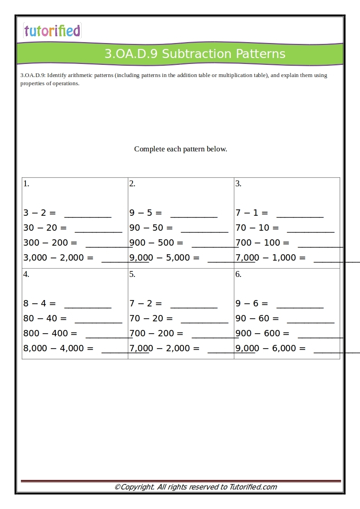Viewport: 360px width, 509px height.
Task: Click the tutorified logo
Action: coord(52,31)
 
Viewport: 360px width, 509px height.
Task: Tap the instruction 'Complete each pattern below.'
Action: coord(180,149)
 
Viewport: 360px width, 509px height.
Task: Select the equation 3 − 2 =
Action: coord(39,213)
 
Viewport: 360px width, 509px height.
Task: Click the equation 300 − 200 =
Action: coord(50,242)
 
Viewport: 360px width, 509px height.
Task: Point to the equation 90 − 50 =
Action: coord(151,228)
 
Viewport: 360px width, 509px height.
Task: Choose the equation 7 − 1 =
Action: coord(252,213)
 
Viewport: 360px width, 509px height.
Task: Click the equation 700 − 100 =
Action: coord(263,242)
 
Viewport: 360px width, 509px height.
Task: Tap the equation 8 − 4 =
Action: coord(39,303)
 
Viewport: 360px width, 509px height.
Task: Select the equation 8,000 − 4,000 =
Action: coord(58,348)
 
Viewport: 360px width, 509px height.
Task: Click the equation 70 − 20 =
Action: coord(151,318)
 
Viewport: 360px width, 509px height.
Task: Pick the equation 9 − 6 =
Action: coord(252,303)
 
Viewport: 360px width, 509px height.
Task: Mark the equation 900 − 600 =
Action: coord(263,333)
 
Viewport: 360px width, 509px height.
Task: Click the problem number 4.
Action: coord(26,274)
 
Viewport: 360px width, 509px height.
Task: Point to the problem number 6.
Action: coord(238,274)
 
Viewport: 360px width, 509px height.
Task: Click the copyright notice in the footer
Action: coord(195,487)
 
